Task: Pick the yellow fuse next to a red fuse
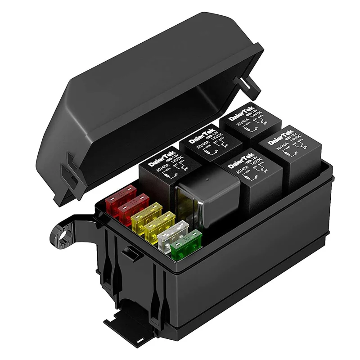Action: pos(147,215)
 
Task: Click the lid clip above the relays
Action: pos(245,83)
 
